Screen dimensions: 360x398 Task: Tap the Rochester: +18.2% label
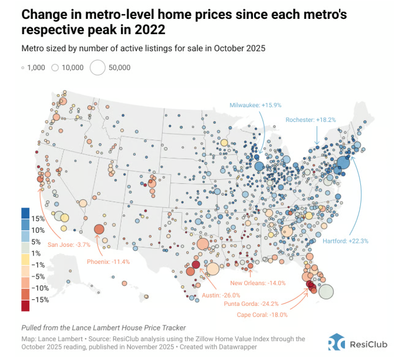pos(311,120)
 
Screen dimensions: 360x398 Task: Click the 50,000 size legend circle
pos(97,68)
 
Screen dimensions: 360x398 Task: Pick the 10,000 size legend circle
pos(55,68)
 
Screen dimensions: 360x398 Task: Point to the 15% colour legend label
pos(40,219)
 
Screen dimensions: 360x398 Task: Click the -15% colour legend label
pos(41,300)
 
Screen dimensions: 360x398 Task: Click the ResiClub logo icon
pos(337,342)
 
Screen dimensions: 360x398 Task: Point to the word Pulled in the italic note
pos(32,327)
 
